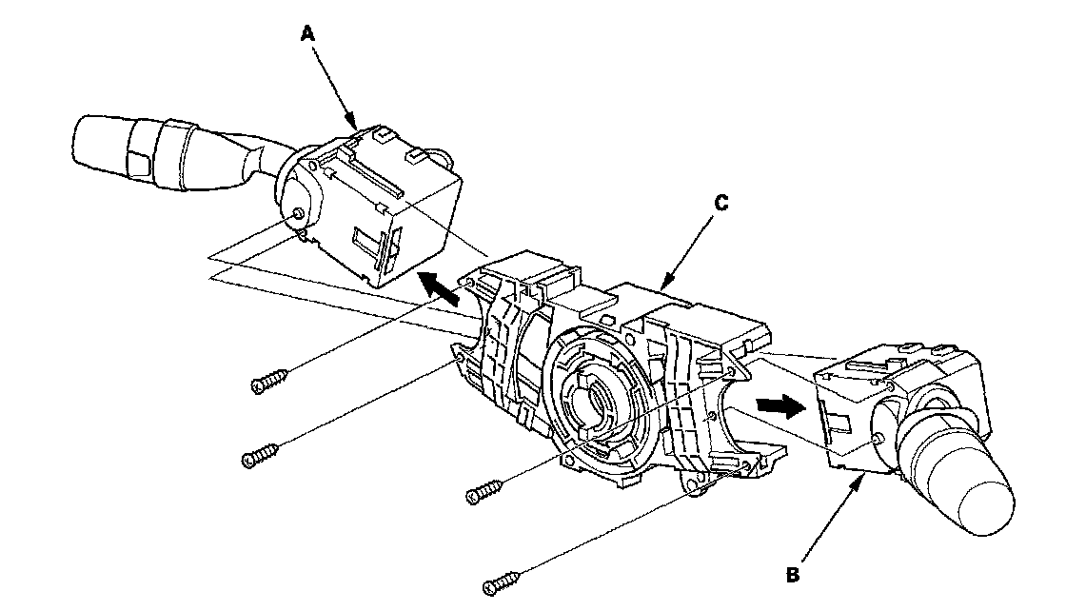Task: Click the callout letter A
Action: pyautogui.click(x=306, y=34)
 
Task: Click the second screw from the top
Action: pyautogui.click(x=261, y=457)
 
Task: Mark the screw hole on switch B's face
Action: pyautogui.click(x=877, y=440)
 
